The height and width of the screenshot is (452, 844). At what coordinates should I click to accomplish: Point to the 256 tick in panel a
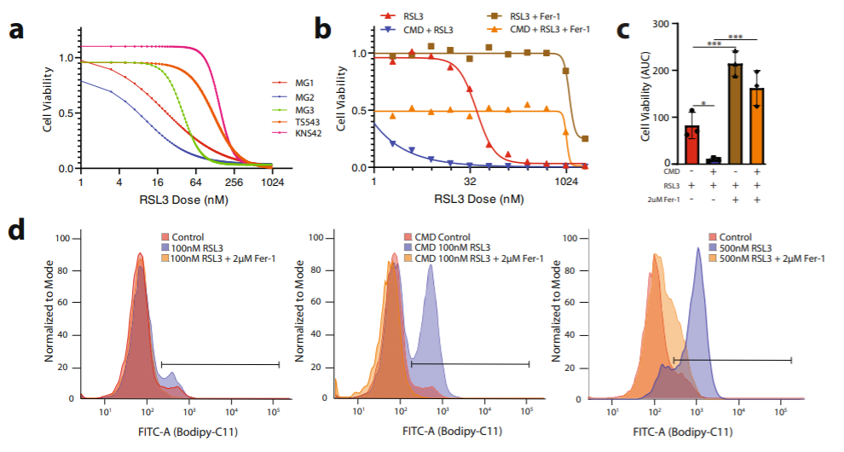click(x=234, y=183)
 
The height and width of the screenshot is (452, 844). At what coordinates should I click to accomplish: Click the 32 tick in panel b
click(x=471, y=183)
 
